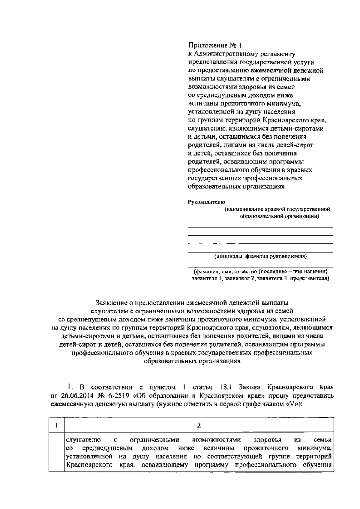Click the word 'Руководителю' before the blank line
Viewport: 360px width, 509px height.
[206, 202]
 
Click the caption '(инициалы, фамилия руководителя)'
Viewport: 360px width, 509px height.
[260, 256]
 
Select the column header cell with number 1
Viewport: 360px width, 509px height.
[56, 425]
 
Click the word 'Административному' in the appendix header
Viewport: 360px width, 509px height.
[218, 54]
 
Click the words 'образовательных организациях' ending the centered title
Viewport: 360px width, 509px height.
[192, 361]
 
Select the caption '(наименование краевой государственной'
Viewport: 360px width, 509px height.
[277, 209]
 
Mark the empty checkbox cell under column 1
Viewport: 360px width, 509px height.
[56, 456]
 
